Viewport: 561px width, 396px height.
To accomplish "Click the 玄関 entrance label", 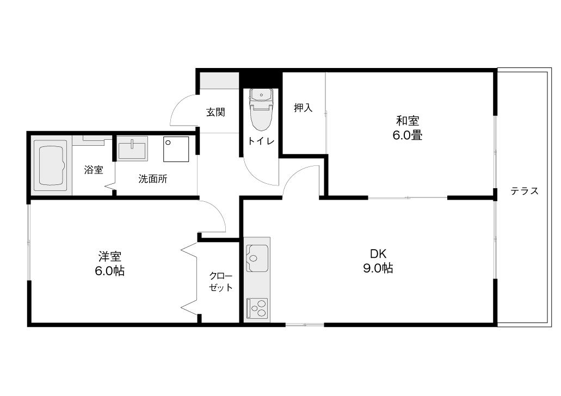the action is [215, 112].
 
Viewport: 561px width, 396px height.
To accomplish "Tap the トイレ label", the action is [261, 141].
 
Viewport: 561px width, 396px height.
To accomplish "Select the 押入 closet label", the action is [303, 108].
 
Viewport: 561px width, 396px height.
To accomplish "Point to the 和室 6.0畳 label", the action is [408, 128].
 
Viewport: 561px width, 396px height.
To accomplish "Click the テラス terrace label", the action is [524, 191].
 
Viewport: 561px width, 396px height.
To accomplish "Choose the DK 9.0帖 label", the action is [378, 261].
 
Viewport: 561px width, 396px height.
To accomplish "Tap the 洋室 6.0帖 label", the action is [109, 264].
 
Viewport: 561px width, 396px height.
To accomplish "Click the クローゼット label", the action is [221, 282].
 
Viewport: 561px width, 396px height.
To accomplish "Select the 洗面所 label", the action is [153, 179].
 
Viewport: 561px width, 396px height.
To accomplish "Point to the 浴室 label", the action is [94, 170].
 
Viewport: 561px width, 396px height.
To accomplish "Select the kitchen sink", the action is [257, 258].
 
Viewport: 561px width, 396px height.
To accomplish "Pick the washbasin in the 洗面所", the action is [132, 148].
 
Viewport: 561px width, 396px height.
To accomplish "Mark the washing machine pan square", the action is [176, 149].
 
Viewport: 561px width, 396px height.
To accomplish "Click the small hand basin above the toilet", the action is [262, 95].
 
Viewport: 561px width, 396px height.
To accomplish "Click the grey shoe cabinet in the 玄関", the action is [219, 81].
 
